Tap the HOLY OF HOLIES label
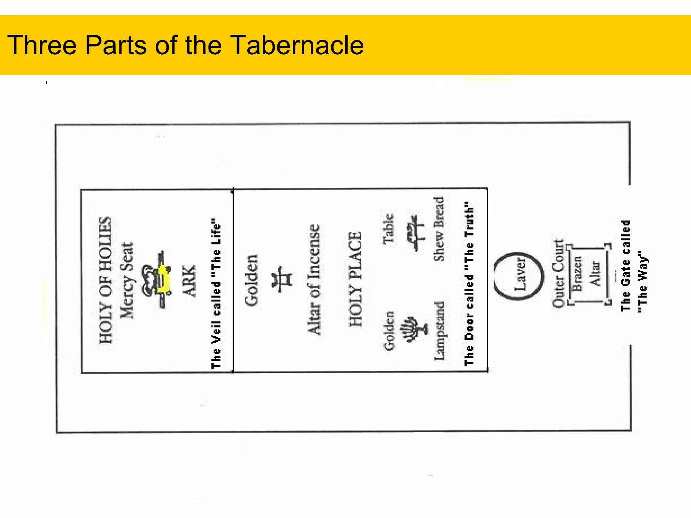coord(105,280)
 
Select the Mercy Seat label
coord(127,280)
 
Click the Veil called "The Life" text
coord(216,293)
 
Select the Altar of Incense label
coord(314,280)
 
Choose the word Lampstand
coord(439,331)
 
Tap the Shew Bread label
coord(439,229)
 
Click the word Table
coord(388,229)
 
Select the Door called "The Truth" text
coord(469,284)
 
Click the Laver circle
coord(519,276)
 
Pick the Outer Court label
coord(558,274)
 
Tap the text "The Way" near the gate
coord(642,282)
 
